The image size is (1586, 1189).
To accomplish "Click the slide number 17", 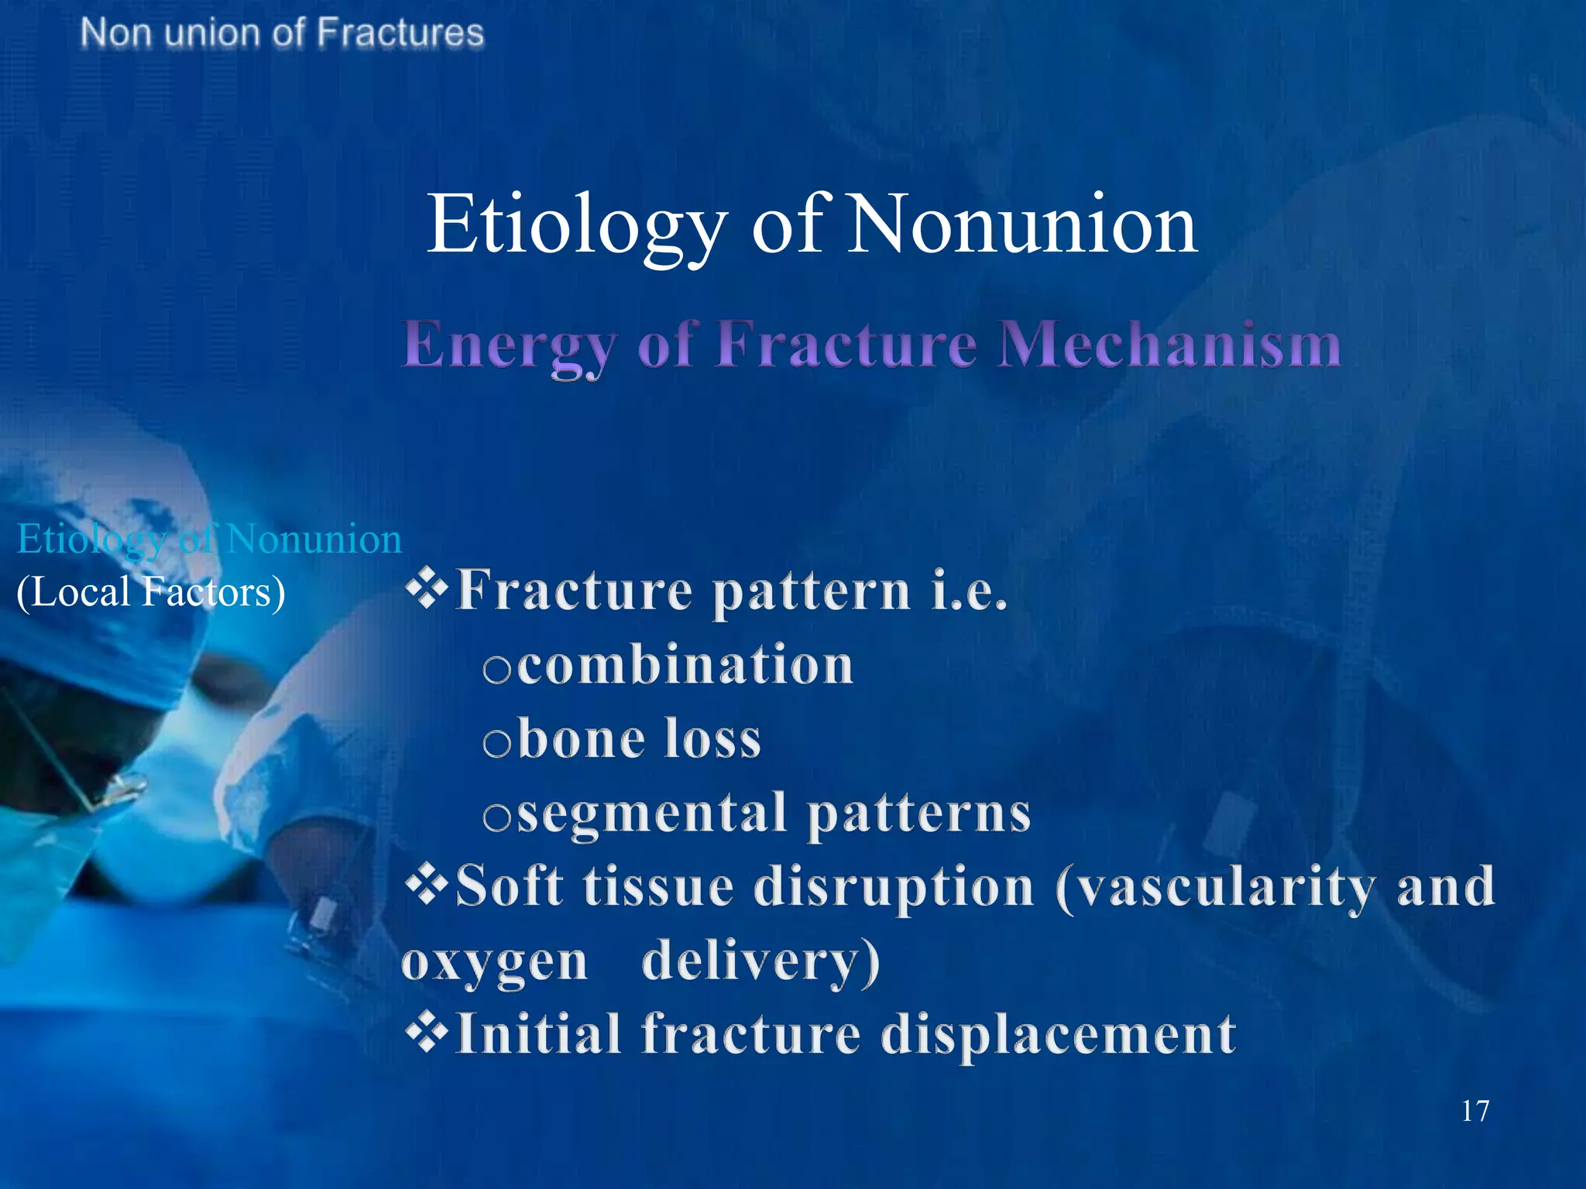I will coord(1474,1111).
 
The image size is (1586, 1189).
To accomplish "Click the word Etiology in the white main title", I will coord(577,224).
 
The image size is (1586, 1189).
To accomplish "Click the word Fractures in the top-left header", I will coord(400,33).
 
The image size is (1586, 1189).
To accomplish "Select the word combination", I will coord(685,665).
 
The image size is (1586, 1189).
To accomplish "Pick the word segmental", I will coord(651,814).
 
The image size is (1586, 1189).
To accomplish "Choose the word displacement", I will coord(1058,1033).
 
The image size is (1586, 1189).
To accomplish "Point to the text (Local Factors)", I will coord(151,592).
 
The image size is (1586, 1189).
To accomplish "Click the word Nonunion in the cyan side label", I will coord(314,539).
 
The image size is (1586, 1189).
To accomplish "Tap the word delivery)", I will coord(761,961).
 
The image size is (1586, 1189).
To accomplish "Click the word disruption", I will coord(894,886).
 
